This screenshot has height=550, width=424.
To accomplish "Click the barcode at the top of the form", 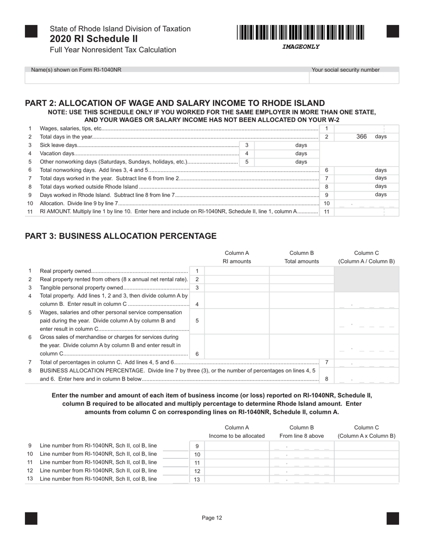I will tap(300, 33).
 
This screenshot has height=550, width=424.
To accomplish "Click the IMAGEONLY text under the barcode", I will tap(300, 47).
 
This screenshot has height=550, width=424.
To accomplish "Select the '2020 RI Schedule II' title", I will tap(94, 39).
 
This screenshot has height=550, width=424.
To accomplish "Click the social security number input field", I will tap(353, 78).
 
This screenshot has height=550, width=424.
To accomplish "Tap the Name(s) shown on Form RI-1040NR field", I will tap(166, 78).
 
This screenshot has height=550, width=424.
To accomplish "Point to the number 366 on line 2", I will tap(362, 137).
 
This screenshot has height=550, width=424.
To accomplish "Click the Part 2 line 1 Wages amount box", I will tap(366, 129).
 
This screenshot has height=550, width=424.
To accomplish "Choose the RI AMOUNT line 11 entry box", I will tap(366, 212).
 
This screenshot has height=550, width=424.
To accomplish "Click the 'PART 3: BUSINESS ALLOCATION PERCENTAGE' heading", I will tap(121, 236).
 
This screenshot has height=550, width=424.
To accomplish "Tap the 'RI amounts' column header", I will tap(237, 262).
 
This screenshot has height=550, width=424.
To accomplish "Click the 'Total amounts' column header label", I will tap(302, 262).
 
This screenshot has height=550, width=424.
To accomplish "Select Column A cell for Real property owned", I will tap(237, 271).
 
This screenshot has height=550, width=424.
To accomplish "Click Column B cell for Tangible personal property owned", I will tap(302, 288).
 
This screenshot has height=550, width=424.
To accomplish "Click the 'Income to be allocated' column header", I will tap(237, 436).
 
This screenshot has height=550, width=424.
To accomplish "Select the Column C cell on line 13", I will tap(366, 479).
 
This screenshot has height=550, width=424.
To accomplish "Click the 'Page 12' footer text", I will tap(212, 518).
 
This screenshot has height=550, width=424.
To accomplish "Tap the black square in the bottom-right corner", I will tap(392, 518).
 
